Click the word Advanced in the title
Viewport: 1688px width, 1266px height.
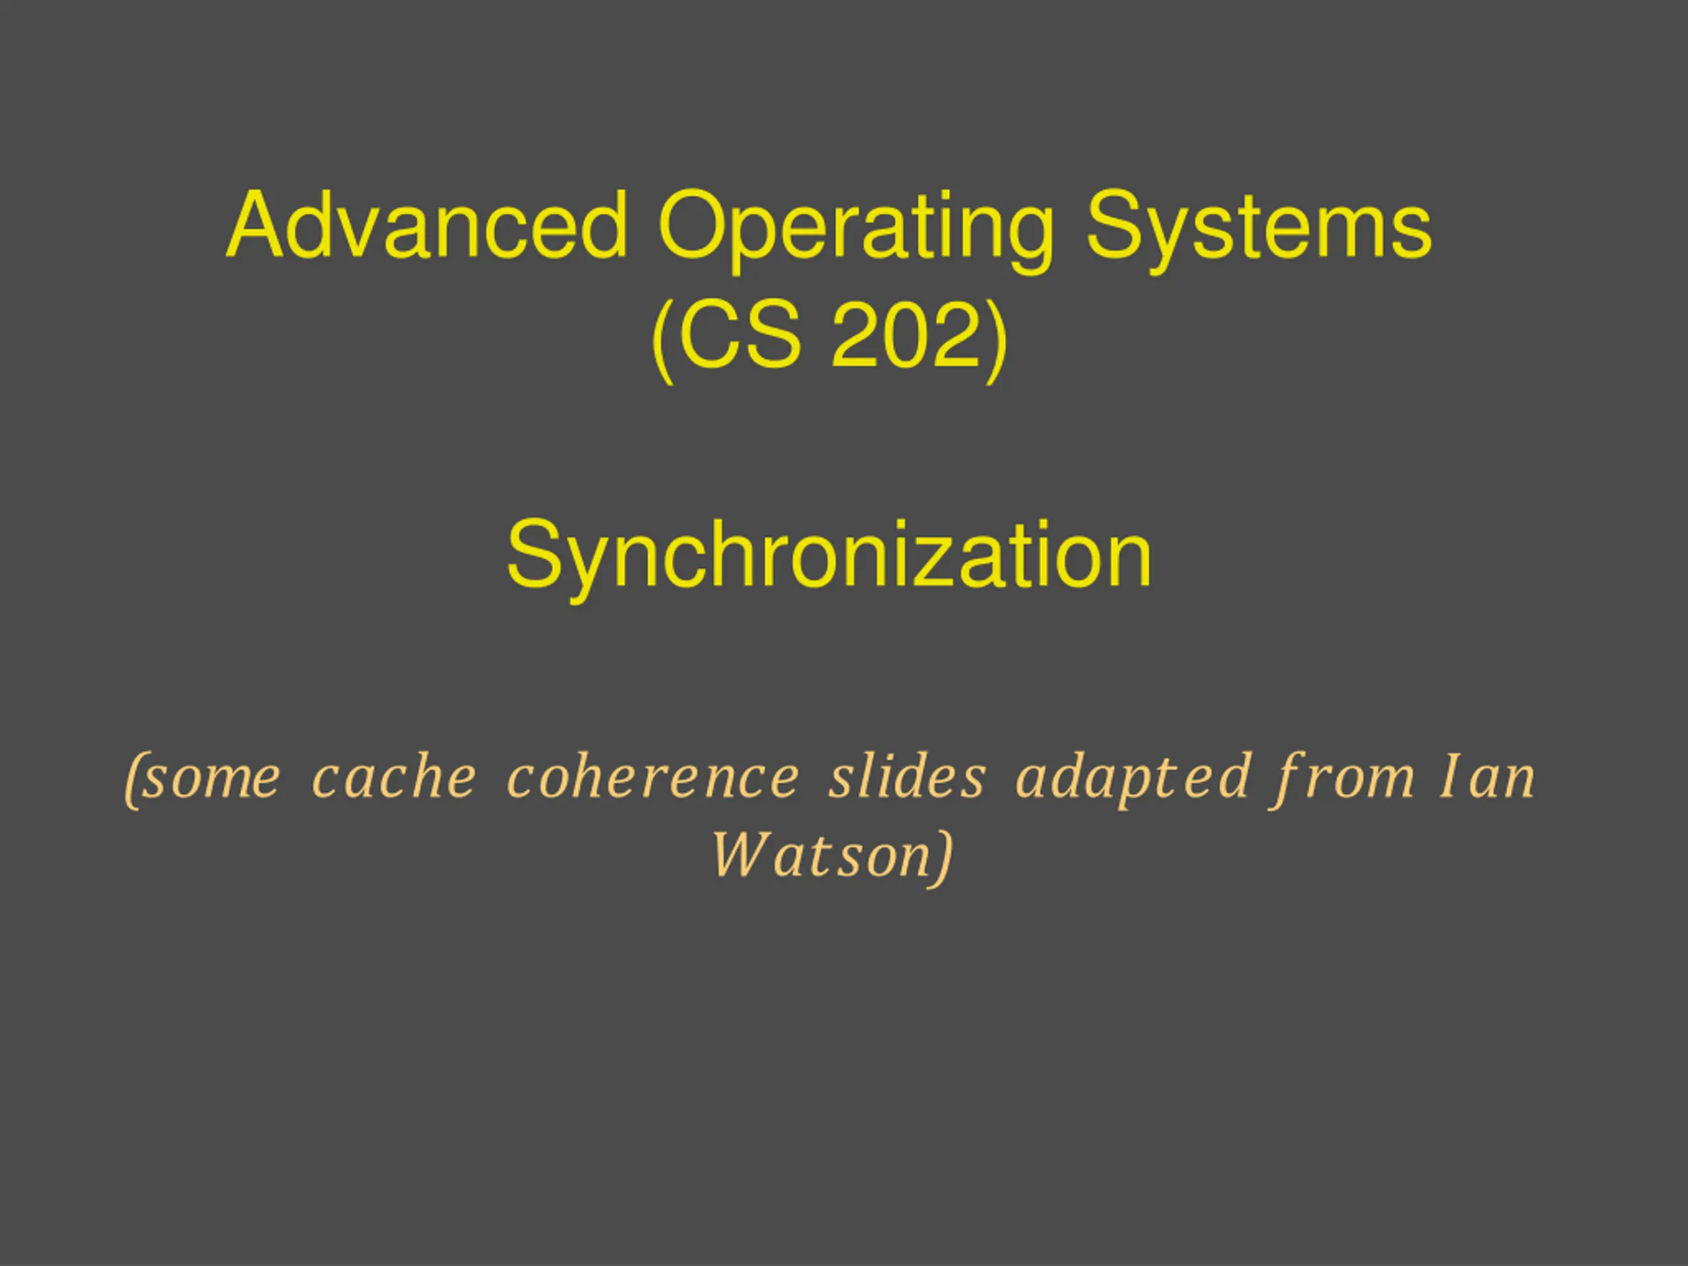427,226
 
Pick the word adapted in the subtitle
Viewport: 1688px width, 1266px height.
1133,779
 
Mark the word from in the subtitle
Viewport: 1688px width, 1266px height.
1344,779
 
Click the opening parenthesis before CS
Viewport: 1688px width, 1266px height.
663,341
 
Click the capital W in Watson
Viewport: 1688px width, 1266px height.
741,855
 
